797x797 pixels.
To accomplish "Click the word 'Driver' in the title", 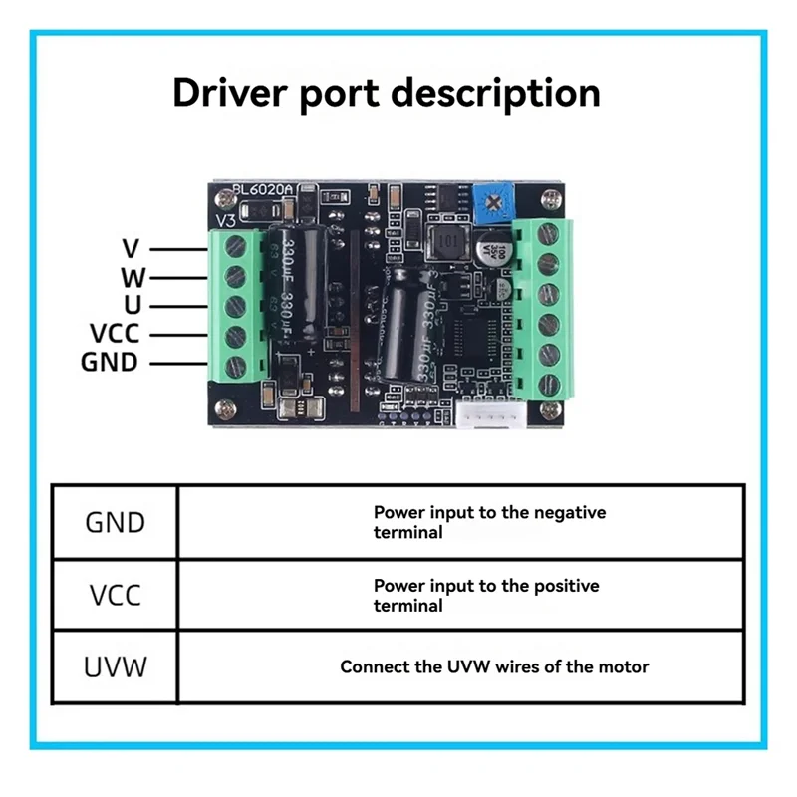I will [230, 93].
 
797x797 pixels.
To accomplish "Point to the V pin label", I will [131, 249].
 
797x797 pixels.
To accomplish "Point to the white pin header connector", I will [490, 417].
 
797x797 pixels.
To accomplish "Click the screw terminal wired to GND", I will [236, 363].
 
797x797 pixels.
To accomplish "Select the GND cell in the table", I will [115, 522].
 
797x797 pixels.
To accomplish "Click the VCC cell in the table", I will [115, 595].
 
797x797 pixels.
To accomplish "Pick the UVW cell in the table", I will [115, 666].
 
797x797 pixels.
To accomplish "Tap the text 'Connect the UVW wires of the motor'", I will [494, 666].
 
